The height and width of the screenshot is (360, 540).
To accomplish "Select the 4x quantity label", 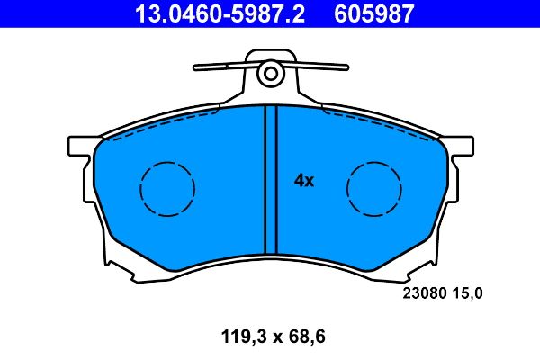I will pos(304,181).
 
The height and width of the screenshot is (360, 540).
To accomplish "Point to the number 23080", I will pos(420,292).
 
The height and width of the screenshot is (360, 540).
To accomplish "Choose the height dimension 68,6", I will pos(303,338).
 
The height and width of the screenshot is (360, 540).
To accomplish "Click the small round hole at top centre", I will pos(268,76).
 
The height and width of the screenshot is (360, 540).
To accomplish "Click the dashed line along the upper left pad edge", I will pos(162,124).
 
